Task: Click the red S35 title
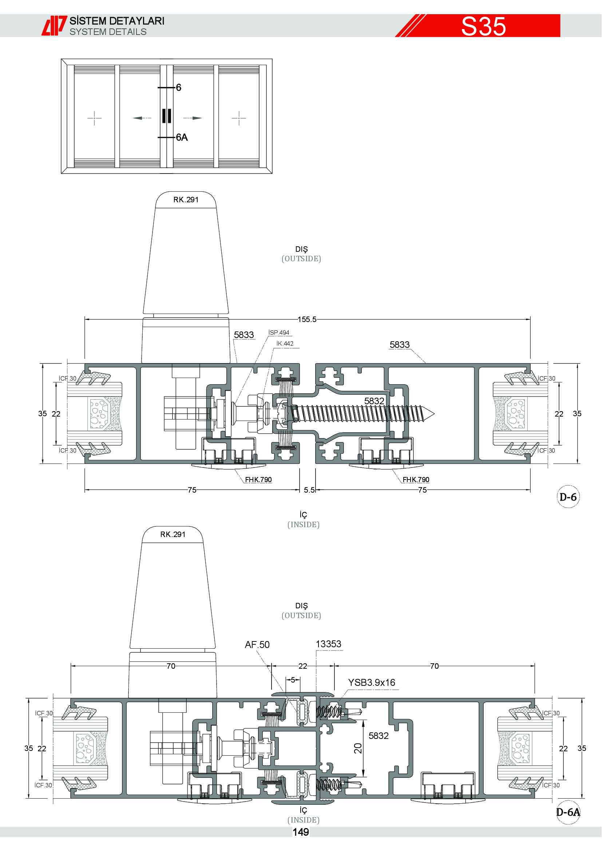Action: (483, 26)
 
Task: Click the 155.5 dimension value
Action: (307, 319)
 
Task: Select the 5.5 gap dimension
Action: (309, 490)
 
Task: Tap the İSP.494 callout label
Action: (279, 333)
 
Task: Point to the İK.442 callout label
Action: (285, 343)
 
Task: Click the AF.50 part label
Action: (257, 645)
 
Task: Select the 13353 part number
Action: (328, 644)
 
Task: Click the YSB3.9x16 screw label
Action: (372, 682)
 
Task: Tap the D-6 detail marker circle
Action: (568, 497)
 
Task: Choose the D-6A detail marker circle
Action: (568, 812)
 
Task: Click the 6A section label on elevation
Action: (182, 138)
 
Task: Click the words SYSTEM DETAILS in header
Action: (108, 32)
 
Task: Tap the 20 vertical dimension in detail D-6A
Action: (358, 748)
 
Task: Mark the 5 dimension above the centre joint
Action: (293, 680)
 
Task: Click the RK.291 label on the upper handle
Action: (186, 200)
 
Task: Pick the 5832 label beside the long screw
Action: (374, 401)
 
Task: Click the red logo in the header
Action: (54, 25)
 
